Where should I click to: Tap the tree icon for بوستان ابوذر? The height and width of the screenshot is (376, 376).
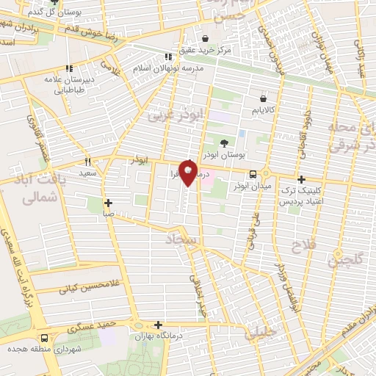point(224,142)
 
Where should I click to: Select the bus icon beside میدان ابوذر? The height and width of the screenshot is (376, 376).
point(253,175)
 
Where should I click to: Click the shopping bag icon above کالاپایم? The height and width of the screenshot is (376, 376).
point(263,98)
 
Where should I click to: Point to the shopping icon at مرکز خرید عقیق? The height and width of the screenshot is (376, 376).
point(204,38)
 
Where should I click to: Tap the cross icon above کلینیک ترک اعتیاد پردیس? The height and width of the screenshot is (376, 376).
point(301,179)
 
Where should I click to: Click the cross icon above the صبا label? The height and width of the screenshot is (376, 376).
point(108,203)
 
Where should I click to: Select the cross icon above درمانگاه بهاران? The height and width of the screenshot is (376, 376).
point(158,325)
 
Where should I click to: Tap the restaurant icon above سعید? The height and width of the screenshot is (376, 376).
point(87,162)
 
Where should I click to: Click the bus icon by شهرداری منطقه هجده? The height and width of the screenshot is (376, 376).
point(45,339)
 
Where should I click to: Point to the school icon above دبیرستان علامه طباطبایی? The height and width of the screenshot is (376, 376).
point(69,68)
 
